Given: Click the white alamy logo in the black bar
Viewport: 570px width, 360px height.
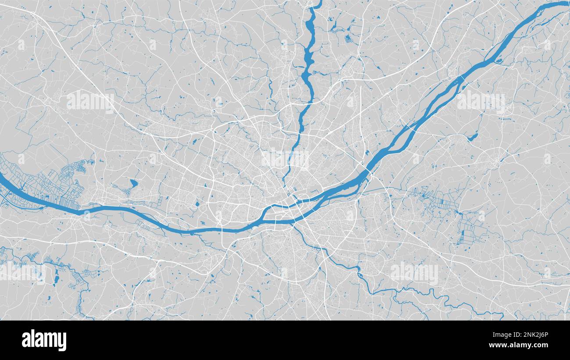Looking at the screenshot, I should (x=44, y=340).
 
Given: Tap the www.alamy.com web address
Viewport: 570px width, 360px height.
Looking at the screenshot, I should (x=526, y=346).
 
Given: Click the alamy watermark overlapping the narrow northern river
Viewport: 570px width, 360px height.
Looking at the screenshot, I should (x=285, y=159).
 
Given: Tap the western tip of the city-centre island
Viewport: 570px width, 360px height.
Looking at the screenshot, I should (x=262, y=217).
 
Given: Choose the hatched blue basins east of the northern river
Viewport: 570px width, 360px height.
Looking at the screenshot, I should (x=349, y=39).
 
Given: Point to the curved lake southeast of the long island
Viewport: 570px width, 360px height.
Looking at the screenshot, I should (x=473, y=137).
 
